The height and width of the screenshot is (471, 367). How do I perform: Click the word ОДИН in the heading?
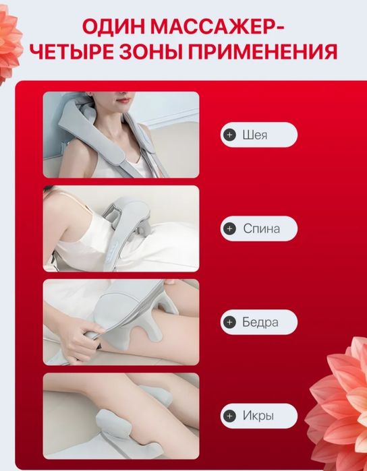[x=113, y=28]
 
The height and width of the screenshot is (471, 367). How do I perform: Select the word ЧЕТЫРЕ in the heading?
[x=72, y=52]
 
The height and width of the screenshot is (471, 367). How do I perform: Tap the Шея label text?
[x=255, y=135]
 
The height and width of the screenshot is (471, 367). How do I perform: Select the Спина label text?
[x=261, y=229]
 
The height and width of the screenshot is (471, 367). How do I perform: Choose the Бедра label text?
[x=260, y=322]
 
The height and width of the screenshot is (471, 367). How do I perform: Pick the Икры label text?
[x=258, y=416]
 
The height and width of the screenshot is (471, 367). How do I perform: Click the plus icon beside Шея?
[x=230, y=135]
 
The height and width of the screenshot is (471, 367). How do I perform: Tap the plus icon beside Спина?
[x=230, y=228]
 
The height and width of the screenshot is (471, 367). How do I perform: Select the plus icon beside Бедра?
[x=230, y=322]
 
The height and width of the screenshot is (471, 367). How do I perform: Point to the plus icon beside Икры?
[x=230, y=416]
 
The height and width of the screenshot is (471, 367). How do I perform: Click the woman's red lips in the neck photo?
[x=124, y=100]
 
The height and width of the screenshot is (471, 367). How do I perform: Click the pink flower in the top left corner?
[x=9, y=44]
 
